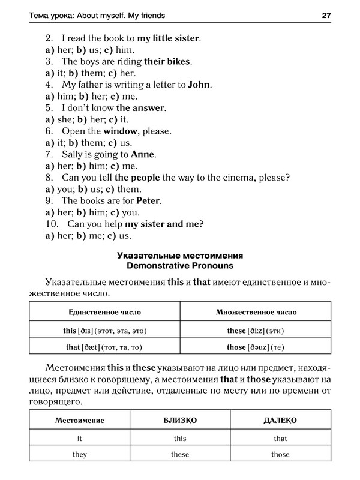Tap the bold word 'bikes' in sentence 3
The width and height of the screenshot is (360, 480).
(179, 62)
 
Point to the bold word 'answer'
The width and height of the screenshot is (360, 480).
(149, 108)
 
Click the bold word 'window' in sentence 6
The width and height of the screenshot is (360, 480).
(120, 131)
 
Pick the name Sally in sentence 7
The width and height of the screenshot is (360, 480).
(74, 154)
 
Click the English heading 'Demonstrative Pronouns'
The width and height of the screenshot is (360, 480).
(179, 265)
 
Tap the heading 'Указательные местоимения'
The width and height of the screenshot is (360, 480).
(179, 254)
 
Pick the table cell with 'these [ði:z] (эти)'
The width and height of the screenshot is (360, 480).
(256, 331)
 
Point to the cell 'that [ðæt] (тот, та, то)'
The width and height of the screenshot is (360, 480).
(104, 347)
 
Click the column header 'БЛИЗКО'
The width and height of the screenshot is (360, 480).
(180, 421)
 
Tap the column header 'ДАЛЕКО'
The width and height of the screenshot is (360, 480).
(280, 421)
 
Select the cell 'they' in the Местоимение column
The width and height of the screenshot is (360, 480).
(80, 454)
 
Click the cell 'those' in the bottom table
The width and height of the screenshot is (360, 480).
(280, 454)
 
